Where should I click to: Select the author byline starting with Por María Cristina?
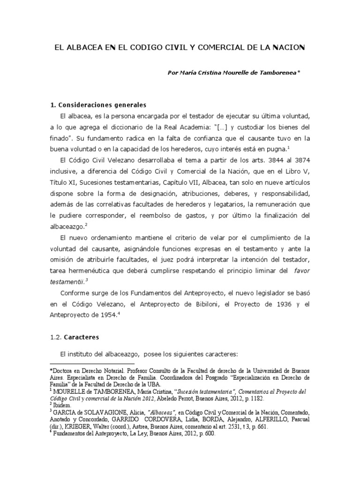(233, 73)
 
